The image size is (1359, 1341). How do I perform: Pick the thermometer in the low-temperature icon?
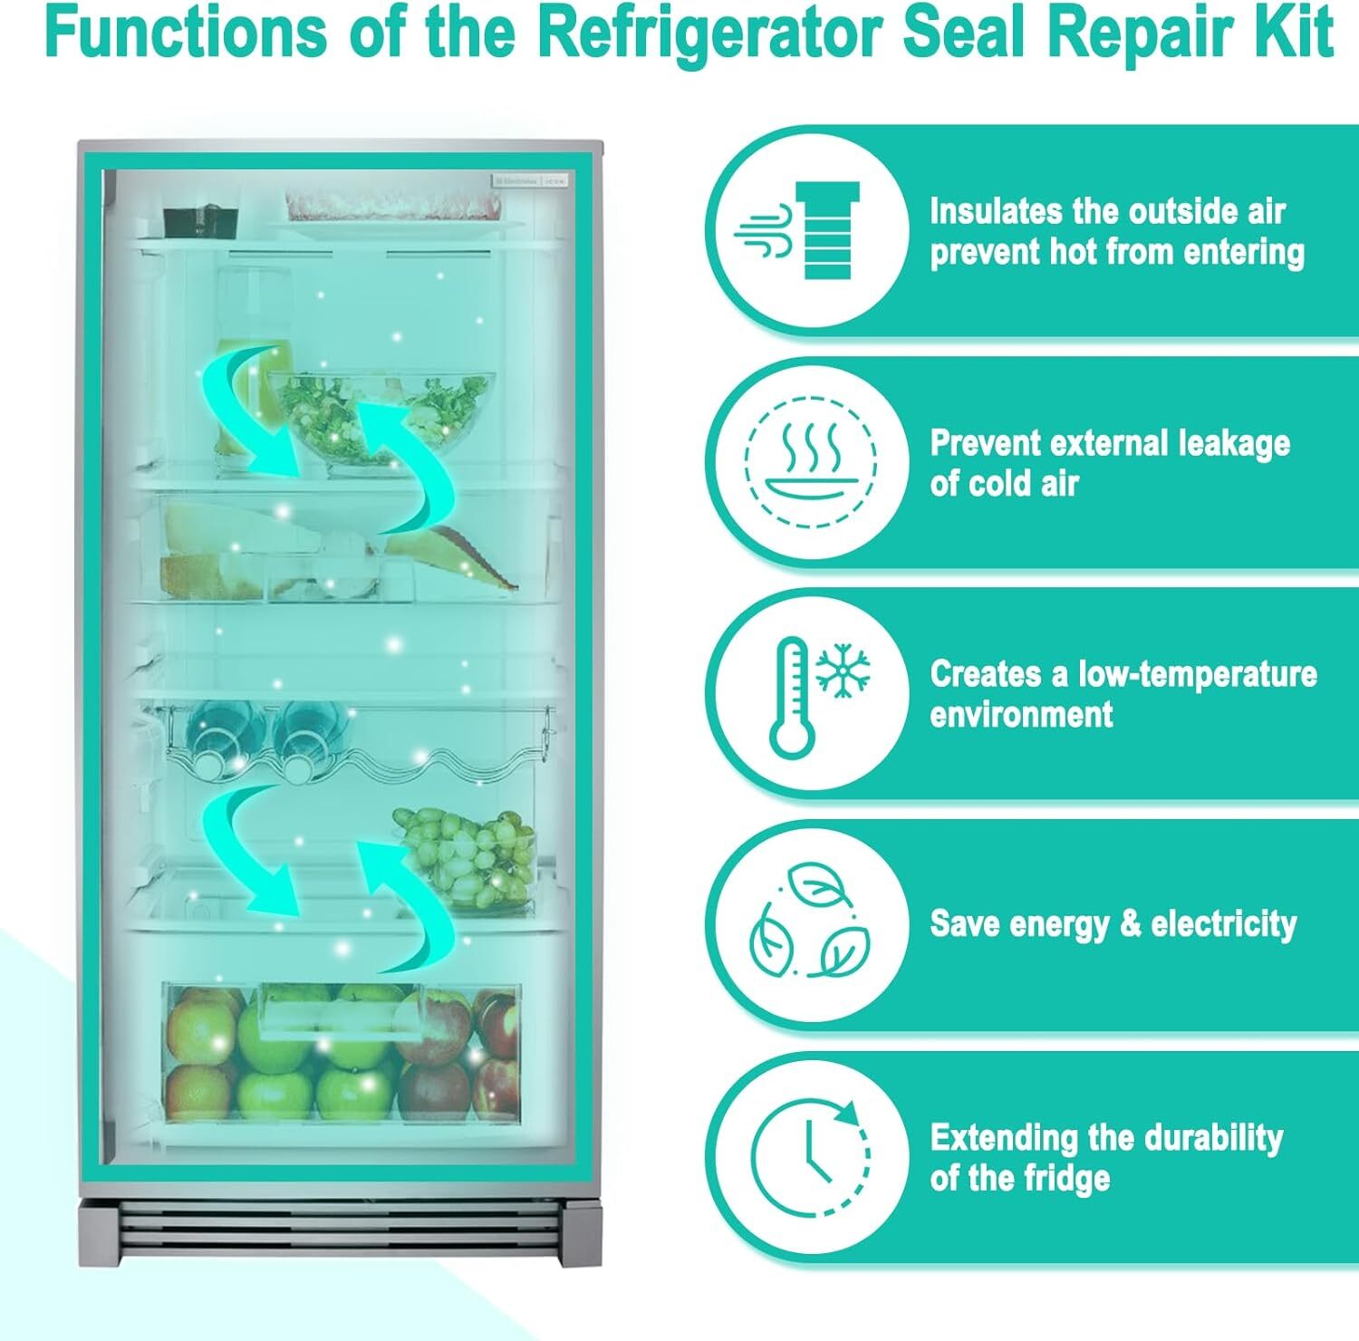[791, 696]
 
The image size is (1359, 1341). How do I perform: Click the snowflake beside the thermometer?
[843, 672]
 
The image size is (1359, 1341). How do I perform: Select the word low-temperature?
[1197, 675]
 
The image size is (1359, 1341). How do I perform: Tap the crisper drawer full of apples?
[342, 1051]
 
